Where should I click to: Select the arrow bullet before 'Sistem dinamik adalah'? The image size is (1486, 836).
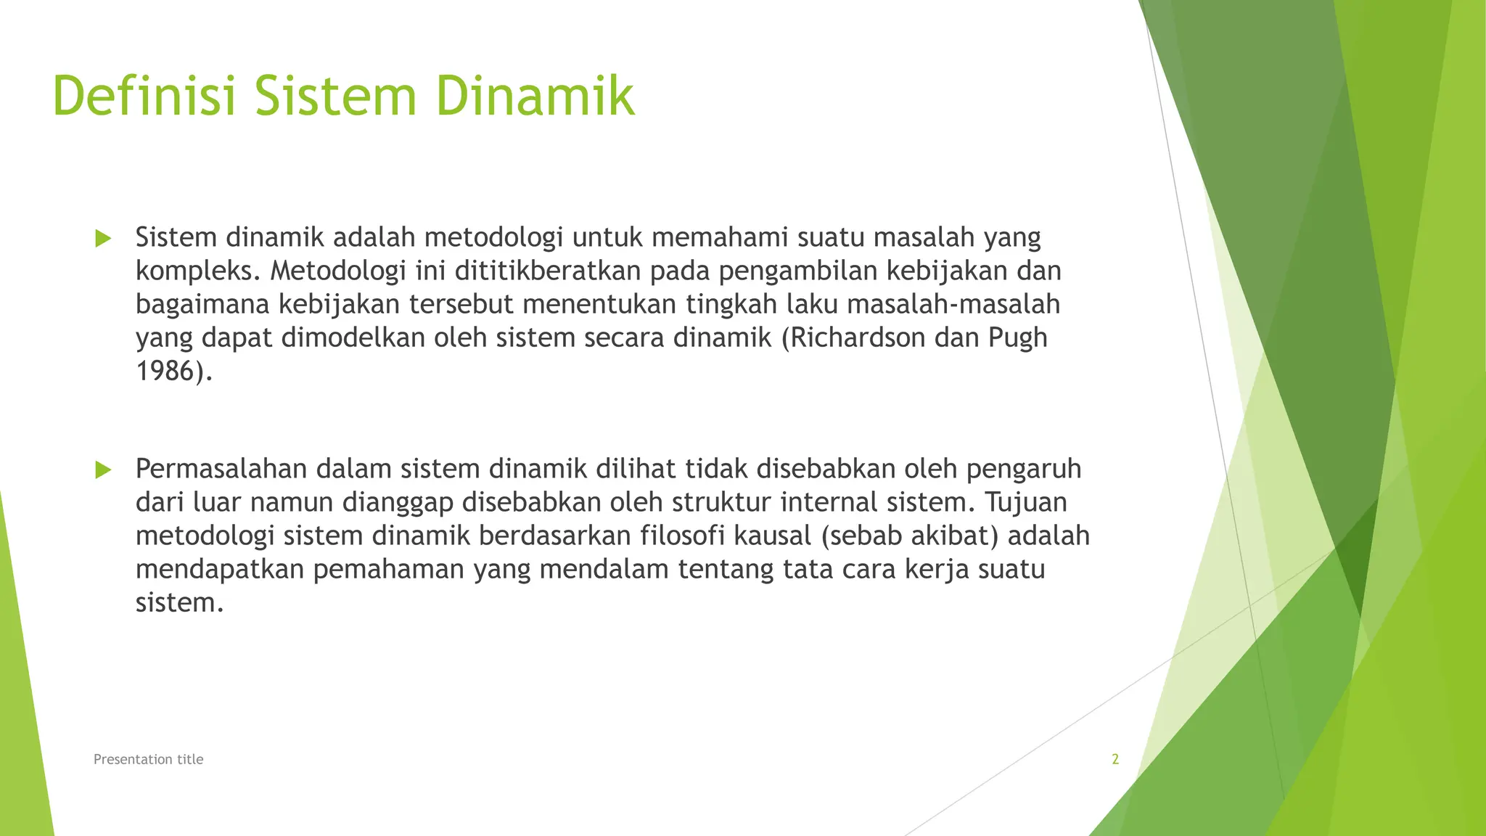click(x=103, y=238)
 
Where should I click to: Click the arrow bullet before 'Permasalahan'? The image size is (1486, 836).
click(x=103, y=470)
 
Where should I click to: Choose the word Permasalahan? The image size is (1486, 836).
click(x=221, y=469)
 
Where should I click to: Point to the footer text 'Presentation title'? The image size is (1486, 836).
click(x=149, y=759)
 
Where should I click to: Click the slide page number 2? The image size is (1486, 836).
click(x=1115, y=759)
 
